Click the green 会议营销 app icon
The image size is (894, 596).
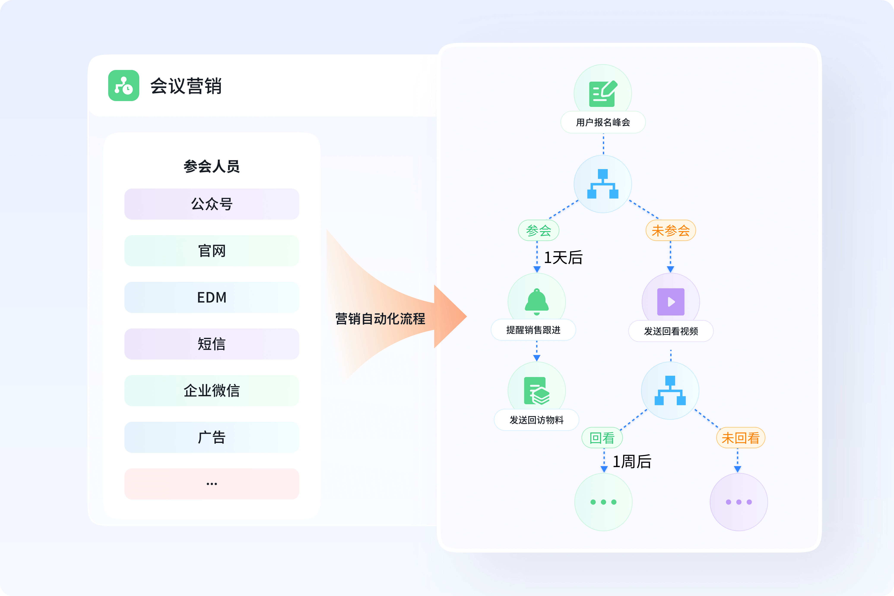point(124,86)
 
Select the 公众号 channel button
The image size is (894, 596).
point(212,204)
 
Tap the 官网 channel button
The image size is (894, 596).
point(212,251)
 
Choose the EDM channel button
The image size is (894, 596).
point(212,297)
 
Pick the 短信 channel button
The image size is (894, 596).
point(212,344)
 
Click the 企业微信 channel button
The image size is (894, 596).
point(212,391)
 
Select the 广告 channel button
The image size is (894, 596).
point(212,437)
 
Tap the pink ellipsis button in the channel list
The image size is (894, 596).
point(212,484)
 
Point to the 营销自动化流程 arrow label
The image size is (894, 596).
point(380,319)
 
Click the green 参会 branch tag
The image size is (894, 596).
point(539,230)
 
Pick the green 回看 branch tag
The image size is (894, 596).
point(602,438)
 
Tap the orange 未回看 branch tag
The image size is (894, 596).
point(740,438)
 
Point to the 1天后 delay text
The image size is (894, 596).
point(563,258)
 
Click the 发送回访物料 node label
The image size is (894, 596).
point(536,420)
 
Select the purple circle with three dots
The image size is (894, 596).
point(739,502)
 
